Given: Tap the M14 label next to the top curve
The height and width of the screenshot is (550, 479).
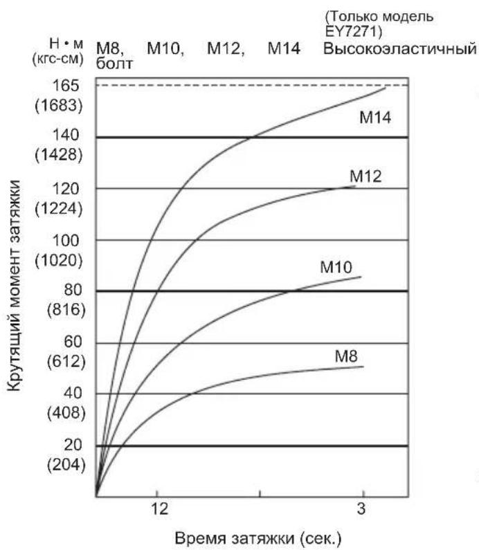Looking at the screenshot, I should [375, 117].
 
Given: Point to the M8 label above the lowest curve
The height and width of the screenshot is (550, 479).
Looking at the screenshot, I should [346, 356].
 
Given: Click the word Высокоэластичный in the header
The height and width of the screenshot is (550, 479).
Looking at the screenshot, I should [401, 50].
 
